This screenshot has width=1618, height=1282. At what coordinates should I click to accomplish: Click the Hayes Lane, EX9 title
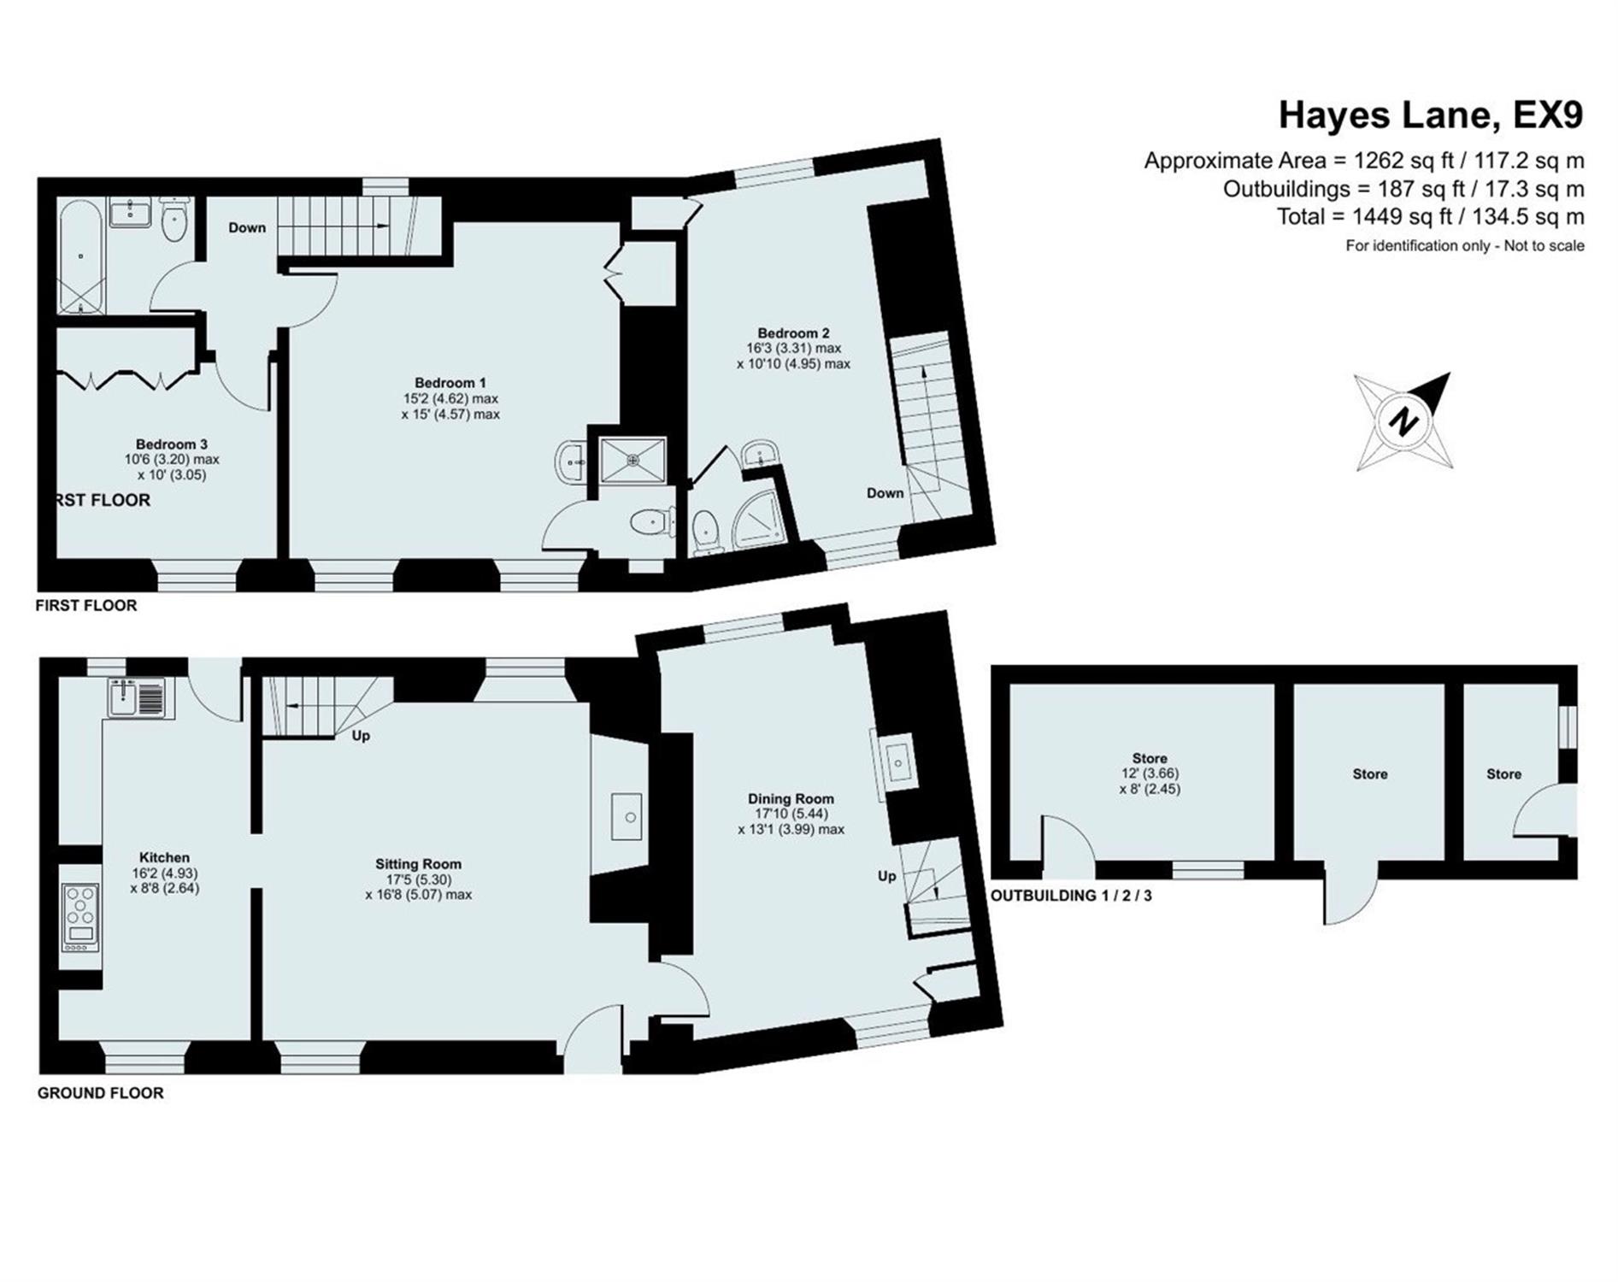click(x=1431, y=115)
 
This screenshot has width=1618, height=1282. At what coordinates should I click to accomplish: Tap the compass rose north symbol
click(x=1403, y=421)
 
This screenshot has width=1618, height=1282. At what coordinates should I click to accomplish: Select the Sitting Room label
click(x=418, y=864)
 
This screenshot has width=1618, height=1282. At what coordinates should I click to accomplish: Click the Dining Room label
click(x=791, y=798)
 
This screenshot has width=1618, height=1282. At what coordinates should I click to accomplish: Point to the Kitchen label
click(x=164, y=857)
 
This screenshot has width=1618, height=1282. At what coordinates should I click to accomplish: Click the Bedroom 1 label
click(x=450, y=383)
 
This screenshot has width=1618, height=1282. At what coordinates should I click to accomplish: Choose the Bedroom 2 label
click(x=793, y=333)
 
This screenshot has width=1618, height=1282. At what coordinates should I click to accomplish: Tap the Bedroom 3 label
click(x=171, y=444)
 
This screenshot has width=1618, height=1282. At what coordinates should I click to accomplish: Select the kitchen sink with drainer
click(x=140, y=697)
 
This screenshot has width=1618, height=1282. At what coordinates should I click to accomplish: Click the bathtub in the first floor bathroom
click(x=81, y=257)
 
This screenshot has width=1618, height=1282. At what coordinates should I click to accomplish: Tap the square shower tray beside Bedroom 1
click(x=632, y=460)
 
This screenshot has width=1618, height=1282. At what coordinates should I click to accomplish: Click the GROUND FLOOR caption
click(x=100, y=1092)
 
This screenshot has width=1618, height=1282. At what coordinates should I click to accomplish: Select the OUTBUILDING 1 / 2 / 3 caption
click(x=1071, y=896)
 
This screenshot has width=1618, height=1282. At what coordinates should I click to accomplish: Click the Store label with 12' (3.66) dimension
click(x=1150, y=773)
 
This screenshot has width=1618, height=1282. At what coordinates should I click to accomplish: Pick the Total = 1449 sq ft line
click(x=1430, y=216)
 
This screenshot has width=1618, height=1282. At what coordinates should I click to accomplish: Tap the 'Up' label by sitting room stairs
click(x=361, y=735)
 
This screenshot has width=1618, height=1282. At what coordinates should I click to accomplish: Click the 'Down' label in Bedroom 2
click(x=885, y=493)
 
